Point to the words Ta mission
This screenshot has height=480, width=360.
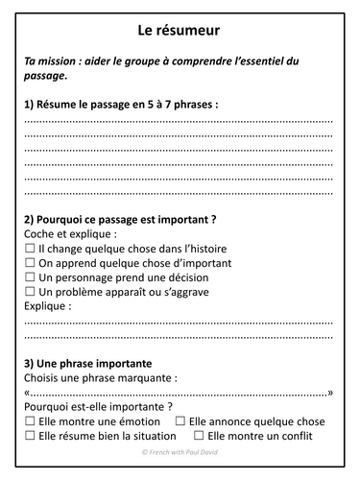56,60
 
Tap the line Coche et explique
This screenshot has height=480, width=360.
72,233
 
